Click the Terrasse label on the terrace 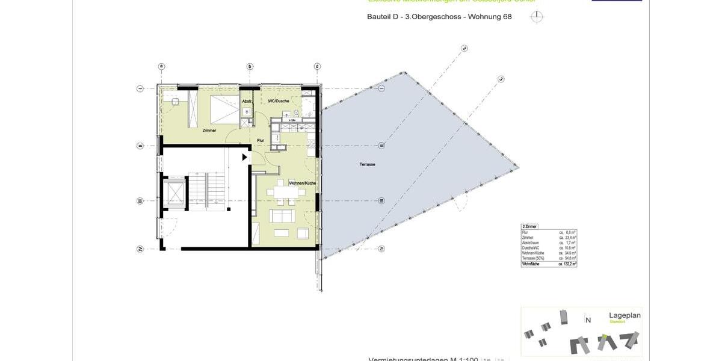click(x=367, y=164)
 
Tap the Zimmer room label click(x=209, y=131)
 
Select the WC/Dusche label click(x=279, y=101)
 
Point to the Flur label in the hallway click(x=261, y=140)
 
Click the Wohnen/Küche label click(x=302, y=183)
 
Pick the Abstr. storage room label click(x=247, y=101)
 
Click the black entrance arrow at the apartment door click(x=244, y=157)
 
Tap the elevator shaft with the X click(x=175, y=193)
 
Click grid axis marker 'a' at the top click(x=161, y=66)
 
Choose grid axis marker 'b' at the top click(x=249, y=66)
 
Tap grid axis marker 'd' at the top click(x=317, y=66)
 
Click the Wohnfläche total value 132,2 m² click(x=567, y=264)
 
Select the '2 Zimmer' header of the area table click(x=529, y=226)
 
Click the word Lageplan click(x=625, y=315)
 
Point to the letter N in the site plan click(x=588, y=320)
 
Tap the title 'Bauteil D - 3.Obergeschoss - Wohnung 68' click(x=439, y=17)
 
